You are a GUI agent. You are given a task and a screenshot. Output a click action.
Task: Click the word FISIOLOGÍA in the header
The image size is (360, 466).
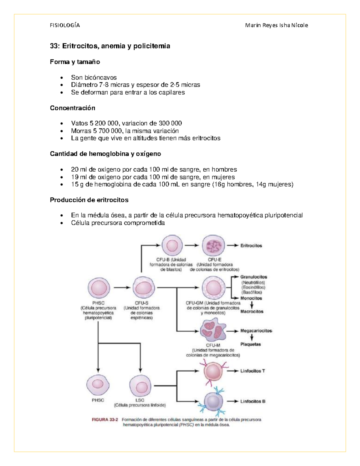tap(65, 25)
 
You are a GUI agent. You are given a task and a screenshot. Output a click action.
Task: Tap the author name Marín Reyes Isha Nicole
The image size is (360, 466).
tap(276, 25)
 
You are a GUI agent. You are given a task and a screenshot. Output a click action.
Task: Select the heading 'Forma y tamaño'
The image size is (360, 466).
tap(75, 62)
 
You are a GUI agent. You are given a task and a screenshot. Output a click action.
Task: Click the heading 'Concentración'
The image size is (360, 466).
tap(73, 108)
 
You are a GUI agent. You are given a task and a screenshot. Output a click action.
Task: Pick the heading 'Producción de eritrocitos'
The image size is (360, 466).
tap(89, 200)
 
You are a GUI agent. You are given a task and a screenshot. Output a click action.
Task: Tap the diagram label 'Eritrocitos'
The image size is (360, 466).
tap(251, 245)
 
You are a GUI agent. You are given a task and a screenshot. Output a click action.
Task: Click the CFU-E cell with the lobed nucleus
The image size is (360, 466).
tap(213, 246)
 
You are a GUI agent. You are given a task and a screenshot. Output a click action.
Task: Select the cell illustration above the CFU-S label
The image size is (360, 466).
tap(144, 288)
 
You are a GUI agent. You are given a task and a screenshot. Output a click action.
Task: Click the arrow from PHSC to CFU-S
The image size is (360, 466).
tap(122, 287)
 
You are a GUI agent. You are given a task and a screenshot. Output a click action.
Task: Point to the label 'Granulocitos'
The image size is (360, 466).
tap(254, 277)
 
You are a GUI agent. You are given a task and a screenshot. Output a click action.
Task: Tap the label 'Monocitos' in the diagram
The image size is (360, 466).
tap(251, 298)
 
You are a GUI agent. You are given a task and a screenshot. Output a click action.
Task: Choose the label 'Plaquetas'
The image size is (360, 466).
tap(250, 344)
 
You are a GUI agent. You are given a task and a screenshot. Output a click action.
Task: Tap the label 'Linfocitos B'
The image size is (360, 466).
tap(253, 401)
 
